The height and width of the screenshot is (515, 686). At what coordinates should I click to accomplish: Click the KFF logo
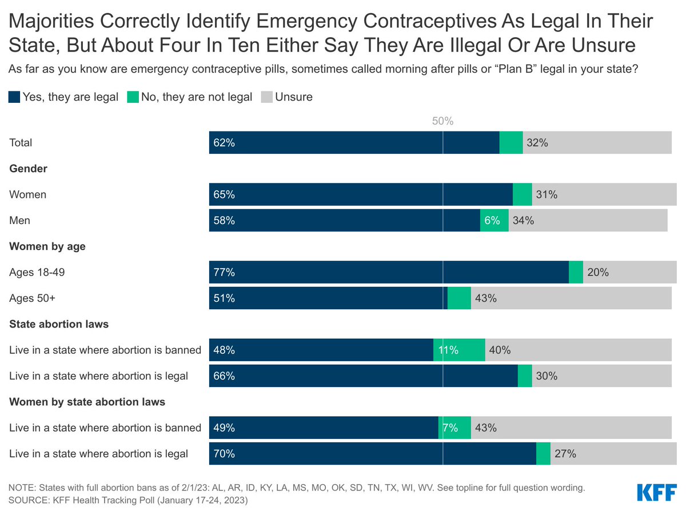657,493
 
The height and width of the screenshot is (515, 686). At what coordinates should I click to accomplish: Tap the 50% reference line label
442,121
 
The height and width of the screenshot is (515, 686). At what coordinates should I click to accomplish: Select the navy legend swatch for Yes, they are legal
14,97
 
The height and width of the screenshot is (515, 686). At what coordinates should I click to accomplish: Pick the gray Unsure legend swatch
266,97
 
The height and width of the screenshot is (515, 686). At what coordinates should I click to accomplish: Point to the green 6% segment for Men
494,220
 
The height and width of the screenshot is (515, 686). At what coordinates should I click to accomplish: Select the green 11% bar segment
459,350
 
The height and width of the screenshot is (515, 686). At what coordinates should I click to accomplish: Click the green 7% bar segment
454,428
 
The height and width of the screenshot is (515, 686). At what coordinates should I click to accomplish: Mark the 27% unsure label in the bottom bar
565,454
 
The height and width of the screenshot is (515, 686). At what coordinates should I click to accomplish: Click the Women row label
27,194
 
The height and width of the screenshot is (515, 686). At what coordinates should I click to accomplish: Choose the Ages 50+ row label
32,298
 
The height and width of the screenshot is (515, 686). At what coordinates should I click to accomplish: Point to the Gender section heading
28,169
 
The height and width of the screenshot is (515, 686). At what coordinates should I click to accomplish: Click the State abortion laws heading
59,324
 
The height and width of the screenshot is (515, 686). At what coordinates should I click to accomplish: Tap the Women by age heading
47,246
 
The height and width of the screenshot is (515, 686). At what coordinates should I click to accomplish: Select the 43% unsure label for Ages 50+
485,298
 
